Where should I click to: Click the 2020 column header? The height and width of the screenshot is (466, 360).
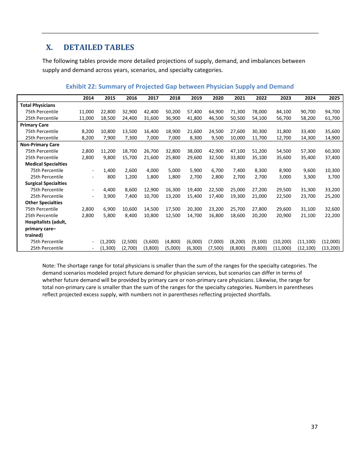[218, 98]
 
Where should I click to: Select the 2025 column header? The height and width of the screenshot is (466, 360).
[334, 98]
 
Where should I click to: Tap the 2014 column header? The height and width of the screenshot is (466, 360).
[88, 98]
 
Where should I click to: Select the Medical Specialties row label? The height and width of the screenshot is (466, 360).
[46, 164]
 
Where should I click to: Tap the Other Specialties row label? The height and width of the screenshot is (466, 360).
[44, 203]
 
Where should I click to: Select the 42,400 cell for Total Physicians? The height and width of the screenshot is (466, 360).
[151, 112]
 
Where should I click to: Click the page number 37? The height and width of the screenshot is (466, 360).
[314, 427]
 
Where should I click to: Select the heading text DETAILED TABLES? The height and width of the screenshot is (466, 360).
[99, 47]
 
